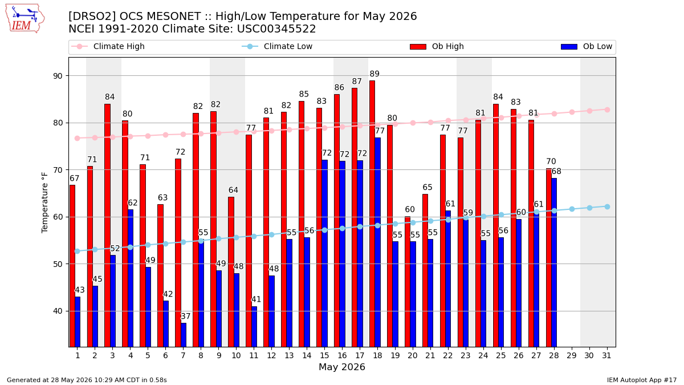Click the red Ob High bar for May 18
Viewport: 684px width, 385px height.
372,213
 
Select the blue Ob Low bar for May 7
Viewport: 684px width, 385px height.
184,335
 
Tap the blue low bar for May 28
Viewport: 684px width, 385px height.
554,262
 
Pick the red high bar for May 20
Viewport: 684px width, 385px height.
408,281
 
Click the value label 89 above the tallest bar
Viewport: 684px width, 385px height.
374,74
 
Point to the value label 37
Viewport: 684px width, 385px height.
186,316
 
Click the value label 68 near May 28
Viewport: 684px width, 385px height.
556,171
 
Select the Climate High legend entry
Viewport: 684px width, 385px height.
108,46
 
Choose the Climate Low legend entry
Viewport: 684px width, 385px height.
277,46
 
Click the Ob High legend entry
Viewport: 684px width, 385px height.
437,46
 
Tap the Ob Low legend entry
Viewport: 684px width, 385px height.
587,46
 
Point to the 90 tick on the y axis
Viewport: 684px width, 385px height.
58,76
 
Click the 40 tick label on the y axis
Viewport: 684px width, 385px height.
58,311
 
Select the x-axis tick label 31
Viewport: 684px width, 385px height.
606,355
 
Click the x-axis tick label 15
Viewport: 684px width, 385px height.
324,355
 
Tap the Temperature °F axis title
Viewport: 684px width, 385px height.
44,202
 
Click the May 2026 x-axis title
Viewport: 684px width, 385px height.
342,367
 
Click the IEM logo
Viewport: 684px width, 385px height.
25,19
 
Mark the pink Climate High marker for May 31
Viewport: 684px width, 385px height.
607,110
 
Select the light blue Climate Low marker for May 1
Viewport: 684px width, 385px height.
78,251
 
